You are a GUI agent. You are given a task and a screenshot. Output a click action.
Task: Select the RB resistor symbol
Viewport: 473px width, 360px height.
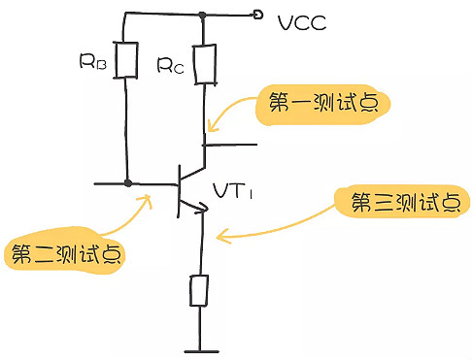(125, 59)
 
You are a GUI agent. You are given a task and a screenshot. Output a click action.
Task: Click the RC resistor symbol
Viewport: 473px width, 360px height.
(203, 63)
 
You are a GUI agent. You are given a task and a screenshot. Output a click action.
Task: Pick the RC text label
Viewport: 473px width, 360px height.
(170, 65)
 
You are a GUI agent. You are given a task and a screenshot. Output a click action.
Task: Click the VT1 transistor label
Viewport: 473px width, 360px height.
(233, 192)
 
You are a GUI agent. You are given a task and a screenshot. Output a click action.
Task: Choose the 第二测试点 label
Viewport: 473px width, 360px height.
(69, 254)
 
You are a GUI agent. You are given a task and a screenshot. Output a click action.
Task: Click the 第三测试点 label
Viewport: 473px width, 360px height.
(397, 202)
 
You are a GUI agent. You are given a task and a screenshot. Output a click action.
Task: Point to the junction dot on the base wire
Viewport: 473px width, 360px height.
(127, 182)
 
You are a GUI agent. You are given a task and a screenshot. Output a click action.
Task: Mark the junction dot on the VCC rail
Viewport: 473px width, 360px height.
(202, 15)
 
